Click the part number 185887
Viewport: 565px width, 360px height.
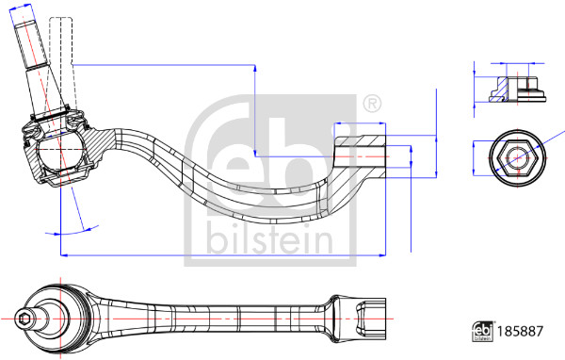[x=520, y=331]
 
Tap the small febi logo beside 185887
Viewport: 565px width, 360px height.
[x=483, y=331]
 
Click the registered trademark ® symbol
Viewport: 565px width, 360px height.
[x=372, y=104]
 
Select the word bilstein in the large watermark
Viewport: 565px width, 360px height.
[x=269, y=238]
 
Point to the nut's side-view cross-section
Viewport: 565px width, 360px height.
[x=517, y=90]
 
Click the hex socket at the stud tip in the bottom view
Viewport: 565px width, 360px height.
[x=24, y=319]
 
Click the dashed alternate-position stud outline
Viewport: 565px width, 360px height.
[x=61, y=61]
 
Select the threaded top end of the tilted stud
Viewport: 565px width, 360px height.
[x=30, y=43]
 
